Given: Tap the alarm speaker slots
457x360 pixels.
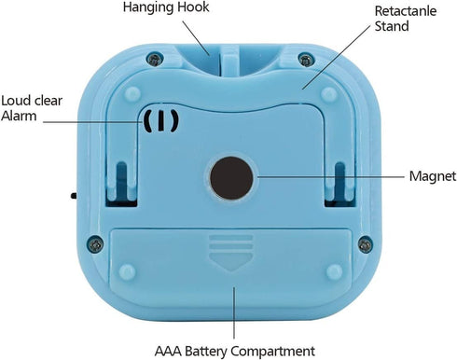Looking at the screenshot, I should [x=159, y=121].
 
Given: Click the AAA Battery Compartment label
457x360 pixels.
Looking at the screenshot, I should [x=233, y=351].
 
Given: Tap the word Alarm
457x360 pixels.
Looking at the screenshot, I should [x=19, y=116].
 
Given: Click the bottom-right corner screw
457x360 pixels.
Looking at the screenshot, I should [x=364, y=243].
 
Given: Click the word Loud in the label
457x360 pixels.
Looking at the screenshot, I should [x=16, y=100].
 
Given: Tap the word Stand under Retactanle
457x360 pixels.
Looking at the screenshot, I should [x=366, y=27].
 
